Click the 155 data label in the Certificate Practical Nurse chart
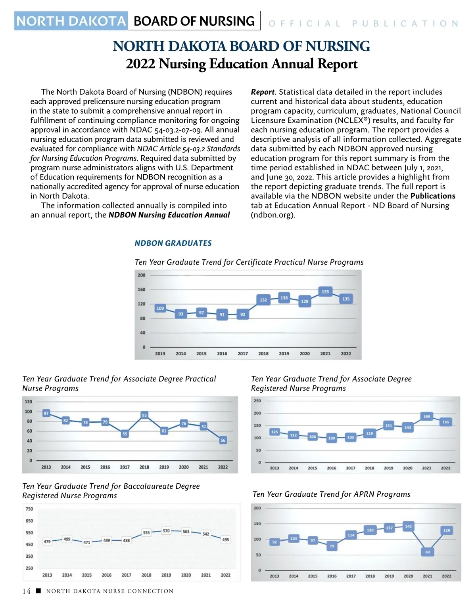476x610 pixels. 325,292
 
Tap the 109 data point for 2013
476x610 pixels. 160,308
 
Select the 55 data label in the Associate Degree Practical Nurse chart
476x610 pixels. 125,434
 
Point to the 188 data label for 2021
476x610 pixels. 426,416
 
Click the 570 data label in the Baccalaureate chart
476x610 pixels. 166,531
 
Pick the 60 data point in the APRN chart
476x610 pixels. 428,552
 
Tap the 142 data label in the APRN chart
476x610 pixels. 409,526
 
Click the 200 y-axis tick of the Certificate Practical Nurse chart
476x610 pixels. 142,275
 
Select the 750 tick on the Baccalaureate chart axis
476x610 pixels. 29,509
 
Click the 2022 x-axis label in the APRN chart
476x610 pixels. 447,576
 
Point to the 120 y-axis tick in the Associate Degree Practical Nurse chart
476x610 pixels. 29,402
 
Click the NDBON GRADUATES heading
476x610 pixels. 173,243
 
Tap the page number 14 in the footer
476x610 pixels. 26,591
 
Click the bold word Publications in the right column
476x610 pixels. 433,196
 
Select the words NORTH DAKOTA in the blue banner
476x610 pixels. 71,21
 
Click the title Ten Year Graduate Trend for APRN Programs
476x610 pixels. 331,494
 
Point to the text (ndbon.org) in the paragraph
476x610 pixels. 273,215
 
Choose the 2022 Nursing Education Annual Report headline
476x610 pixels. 241,64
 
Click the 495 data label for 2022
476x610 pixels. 226,539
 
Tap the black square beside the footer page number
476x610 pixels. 38,591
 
